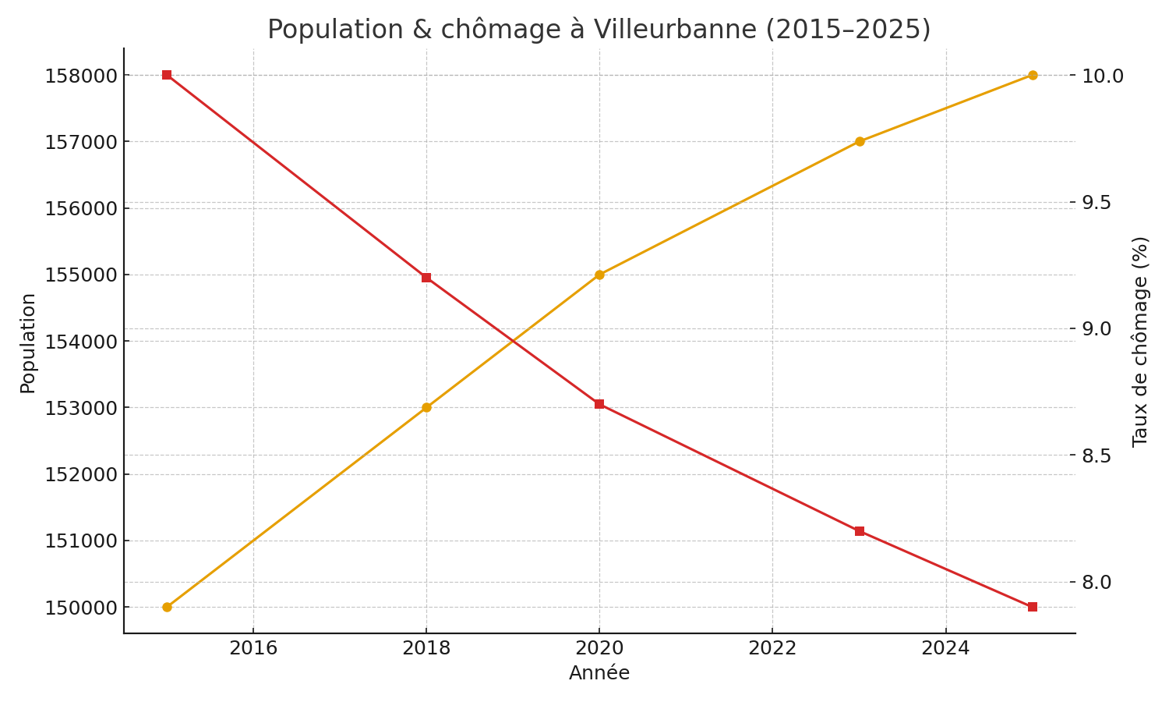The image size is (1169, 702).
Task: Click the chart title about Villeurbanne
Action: click(x=599, y=30)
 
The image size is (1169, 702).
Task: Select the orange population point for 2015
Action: click(x=167, y=607)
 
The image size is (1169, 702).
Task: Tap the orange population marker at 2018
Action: click(x=426, y=407)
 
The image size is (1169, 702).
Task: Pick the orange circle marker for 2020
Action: click(x=599, y=275)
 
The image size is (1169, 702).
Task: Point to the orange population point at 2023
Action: click(x=860, y=141)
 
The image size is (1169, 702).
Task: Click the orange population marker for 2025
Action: click(x=1033, y=75)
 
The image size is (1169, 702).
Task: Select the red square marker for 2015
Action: click(x=167, y=75)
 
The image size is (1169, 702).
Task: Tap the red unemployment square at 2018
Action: click(x=426, y=278)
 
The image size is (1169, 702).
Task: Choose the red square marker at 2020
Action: click(x=599, y=404)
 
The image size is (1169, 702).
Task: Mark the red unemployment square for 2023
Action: click(x=860, y=531)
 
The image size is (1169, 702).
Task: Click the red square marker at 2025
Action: click(x=1033, y=607)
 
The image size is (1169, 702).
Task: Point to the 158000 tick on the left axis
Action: click(x=81, y=76)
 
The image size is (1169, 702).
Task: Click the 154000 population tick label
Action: click(x=81, y=342)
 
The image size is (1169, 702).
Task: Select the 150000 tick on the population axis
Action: click(x=81, y=608)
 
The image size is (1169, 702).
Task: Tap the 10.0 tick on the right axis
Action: click(x=1103, y=76)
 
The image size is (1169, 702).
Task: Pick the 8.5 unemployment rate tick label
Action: click(x=1100, y=456)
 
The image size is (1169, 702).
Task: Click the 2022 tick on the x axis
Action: click(x=772, y=648)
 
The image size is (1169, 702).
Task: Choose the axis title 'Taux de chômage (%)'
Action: click(x=1140, y=341)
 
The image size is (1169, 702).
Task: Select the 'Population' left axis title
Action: click(x=28, y=343)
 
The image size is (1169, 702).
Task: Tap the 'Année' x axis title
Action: click(x=599, y=673)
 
